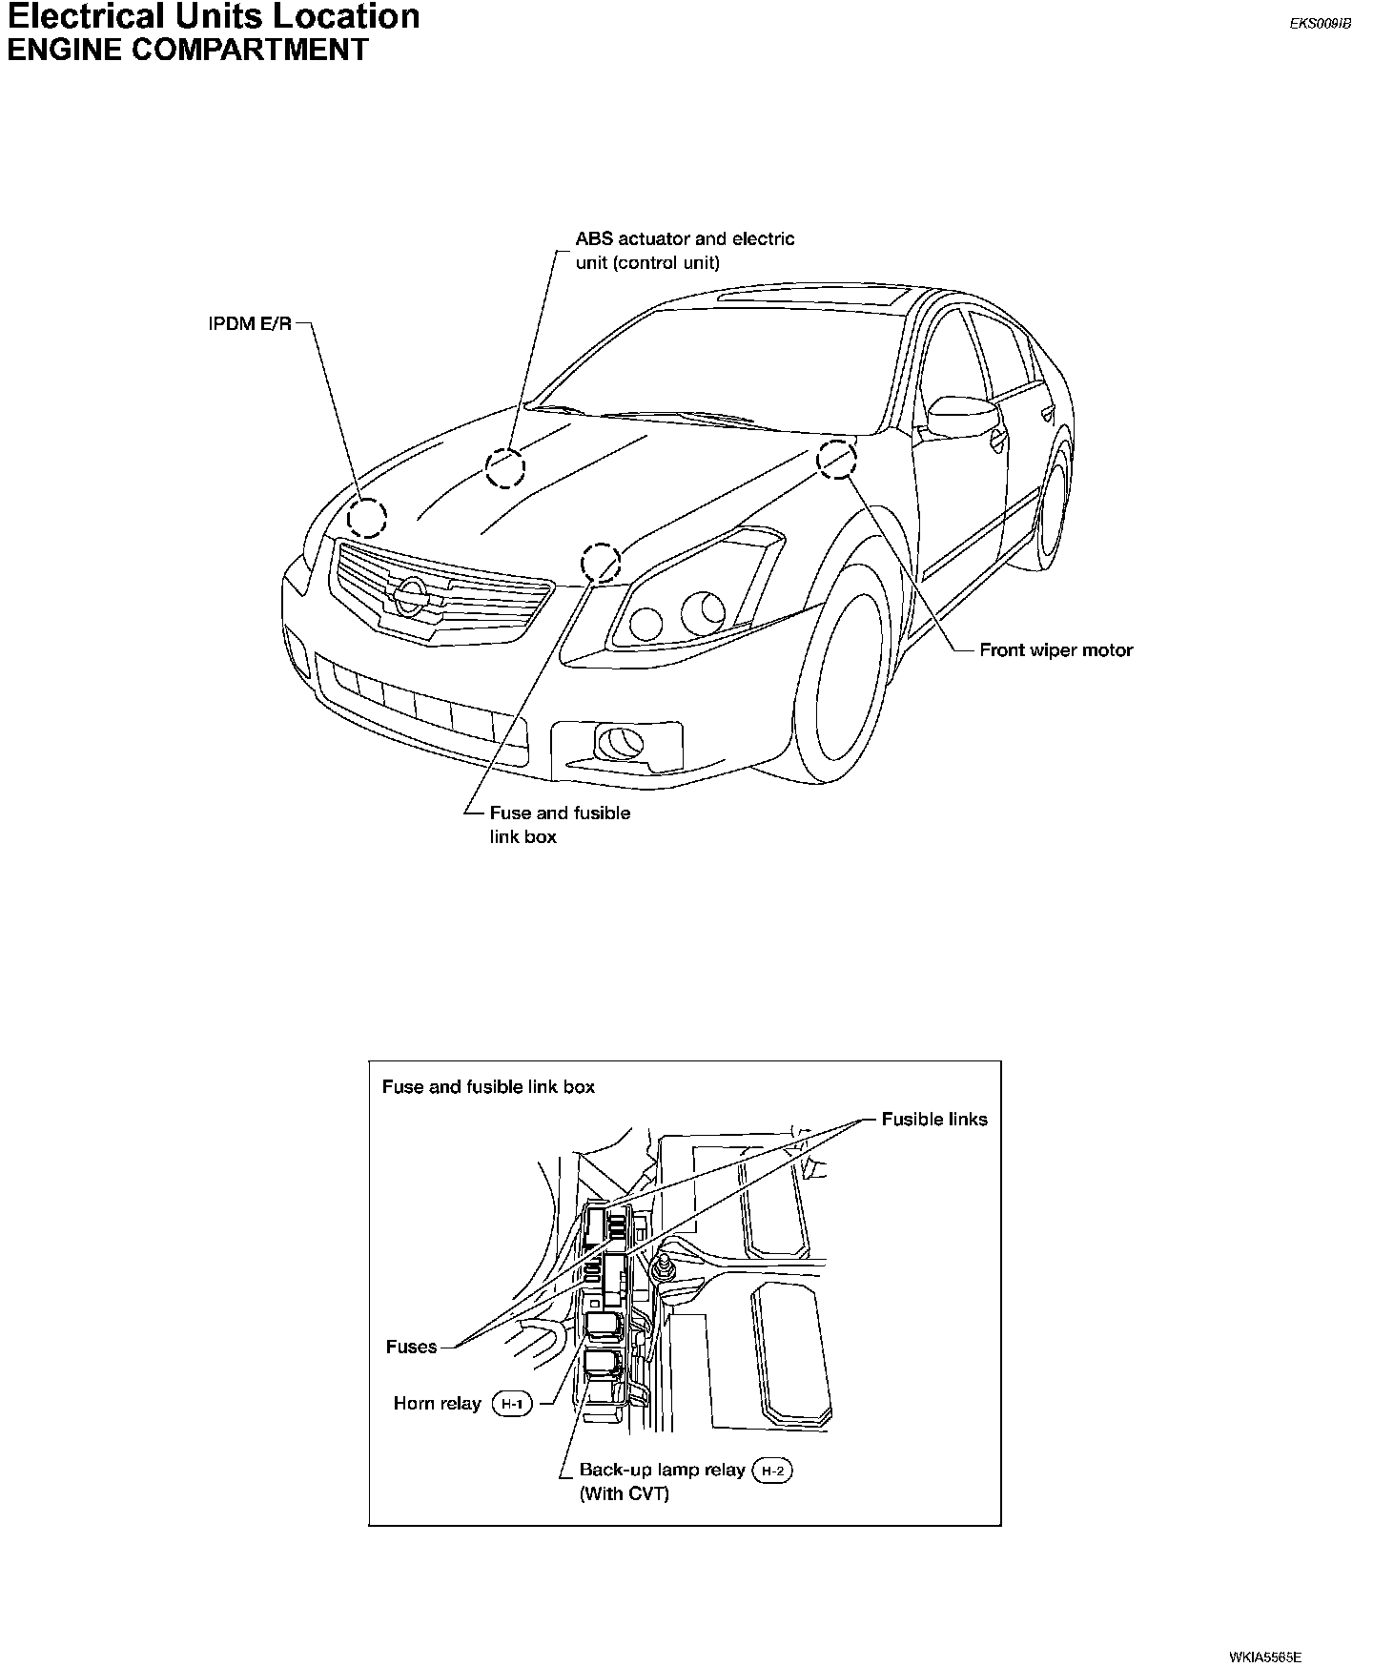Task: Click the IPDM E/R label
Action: point(250,324)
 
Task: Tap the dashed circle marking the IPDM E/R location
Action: point(366,518)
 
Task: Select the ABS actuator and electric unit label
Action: point(685,250)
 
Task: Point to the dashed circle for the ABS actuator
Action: point(505,467)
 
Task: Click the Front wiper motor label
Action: point(1056,650)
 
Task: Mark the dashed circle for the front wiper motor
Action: point(836,459)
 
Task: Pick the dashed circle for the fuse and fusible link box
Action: point(602,563)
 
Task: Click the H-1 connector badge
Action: point(512,1404)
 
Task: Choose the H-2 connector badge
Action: point(772,1471)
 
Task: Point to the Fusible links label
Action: point(934,1120)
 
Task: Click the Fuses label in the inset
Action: point(411,1347)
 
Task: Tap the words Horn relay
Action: point(437,1404)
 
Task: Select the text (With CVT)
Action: point(625,1493)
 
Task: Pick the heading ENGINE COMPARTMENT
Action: point(188,50)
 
